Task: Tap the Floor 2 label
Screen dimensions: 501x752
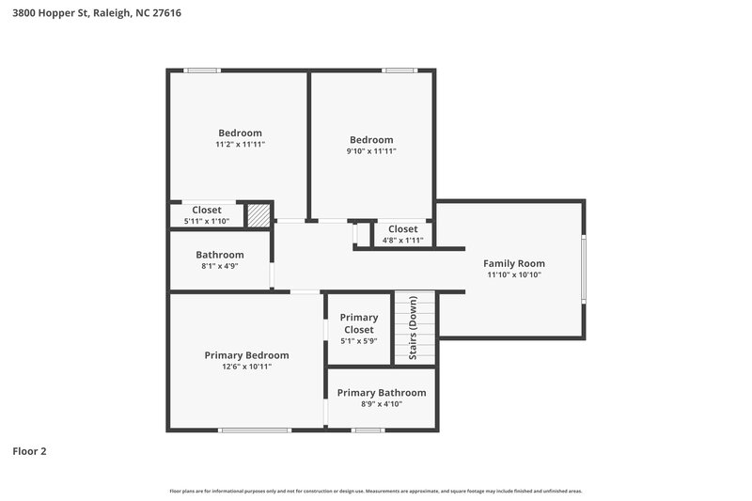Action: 29,451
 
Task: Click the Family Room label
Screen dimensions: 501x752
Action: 514,263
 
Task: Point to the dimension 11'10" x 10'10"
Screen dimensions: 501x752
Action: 514,275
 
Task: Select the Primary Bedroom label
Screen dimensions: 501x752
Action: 246,355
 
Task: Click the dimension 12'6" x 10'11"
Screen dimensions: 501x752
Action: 246,368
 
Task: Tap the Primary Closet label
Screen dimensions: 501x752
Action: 358,323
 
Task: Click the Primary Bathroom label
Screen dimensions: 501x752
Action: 382,393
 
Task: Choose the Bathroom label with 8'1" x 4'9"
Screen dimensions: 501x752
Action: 220,255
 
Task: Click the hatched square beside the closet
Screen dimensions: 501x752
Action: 258,215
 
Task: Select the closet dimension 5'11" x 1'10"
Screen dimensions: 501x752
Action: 207,221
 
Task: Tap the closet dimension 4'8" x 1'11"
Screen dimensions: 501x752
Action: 402,240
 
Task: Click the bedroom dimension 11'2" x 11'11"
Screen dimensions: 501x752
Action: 240,145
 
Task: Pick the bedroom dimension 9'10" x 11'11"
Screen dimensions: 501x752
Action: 371,151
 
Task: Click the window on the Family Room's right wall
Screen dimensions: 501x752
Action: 584,269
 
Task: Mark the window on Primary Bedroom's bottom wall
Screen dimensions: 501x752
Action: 255,431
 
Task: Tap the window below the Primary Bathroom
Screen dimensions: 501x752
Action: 368,431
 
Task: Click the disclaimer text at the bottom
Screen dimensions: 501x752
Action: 376,491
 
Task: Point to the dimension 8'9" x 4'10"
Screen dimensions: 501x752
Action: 382,404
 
